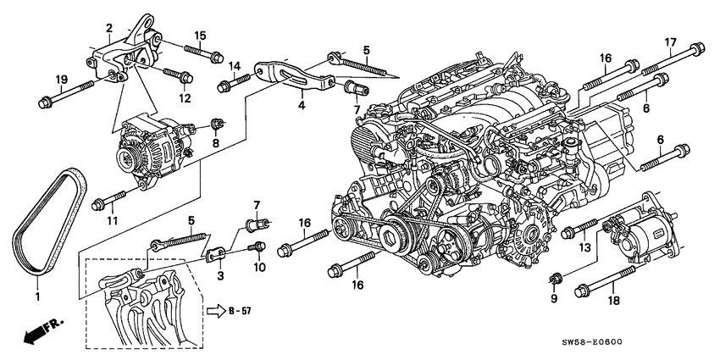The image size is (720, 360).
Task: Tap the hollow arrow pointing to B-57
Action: pos(215,311)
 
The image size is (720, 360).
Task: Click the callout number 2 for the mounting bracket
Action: pos(108,28)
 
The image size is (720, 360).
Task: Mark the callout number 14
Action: pos(234,66)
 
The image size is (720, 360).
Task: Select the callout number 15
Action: pos(200,35)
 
